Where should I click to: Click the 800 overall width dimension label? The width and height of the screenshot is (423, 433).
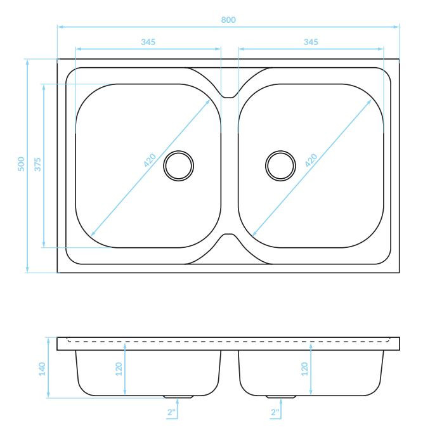[x=228, y=20]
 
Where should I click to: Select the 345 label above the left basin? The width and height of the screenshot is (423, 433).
[x=148, y=42]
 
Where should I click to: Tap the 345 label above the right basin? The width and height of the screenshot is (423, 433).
[x=311, y=42]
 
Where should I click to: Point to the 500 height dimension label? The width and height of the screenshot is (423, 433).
[x=22, y=164]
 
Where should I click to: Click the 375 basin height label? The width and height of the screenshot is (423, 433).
[x=37, y=164]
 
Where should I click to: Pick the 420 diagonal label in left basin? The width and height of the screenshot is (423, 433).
[x=150, y=160]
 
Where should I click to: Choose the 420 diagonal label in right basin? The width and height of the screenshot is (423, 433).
[x=311, y=160]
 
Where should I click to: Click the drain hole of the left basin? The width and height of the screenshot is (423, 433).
[x=178, y=165]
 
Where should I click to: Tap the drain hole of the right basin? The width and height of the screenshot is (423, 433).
[x=280, y=165]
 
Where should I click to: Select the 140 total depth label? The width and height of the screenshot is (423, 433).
[x=42, y=369]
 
